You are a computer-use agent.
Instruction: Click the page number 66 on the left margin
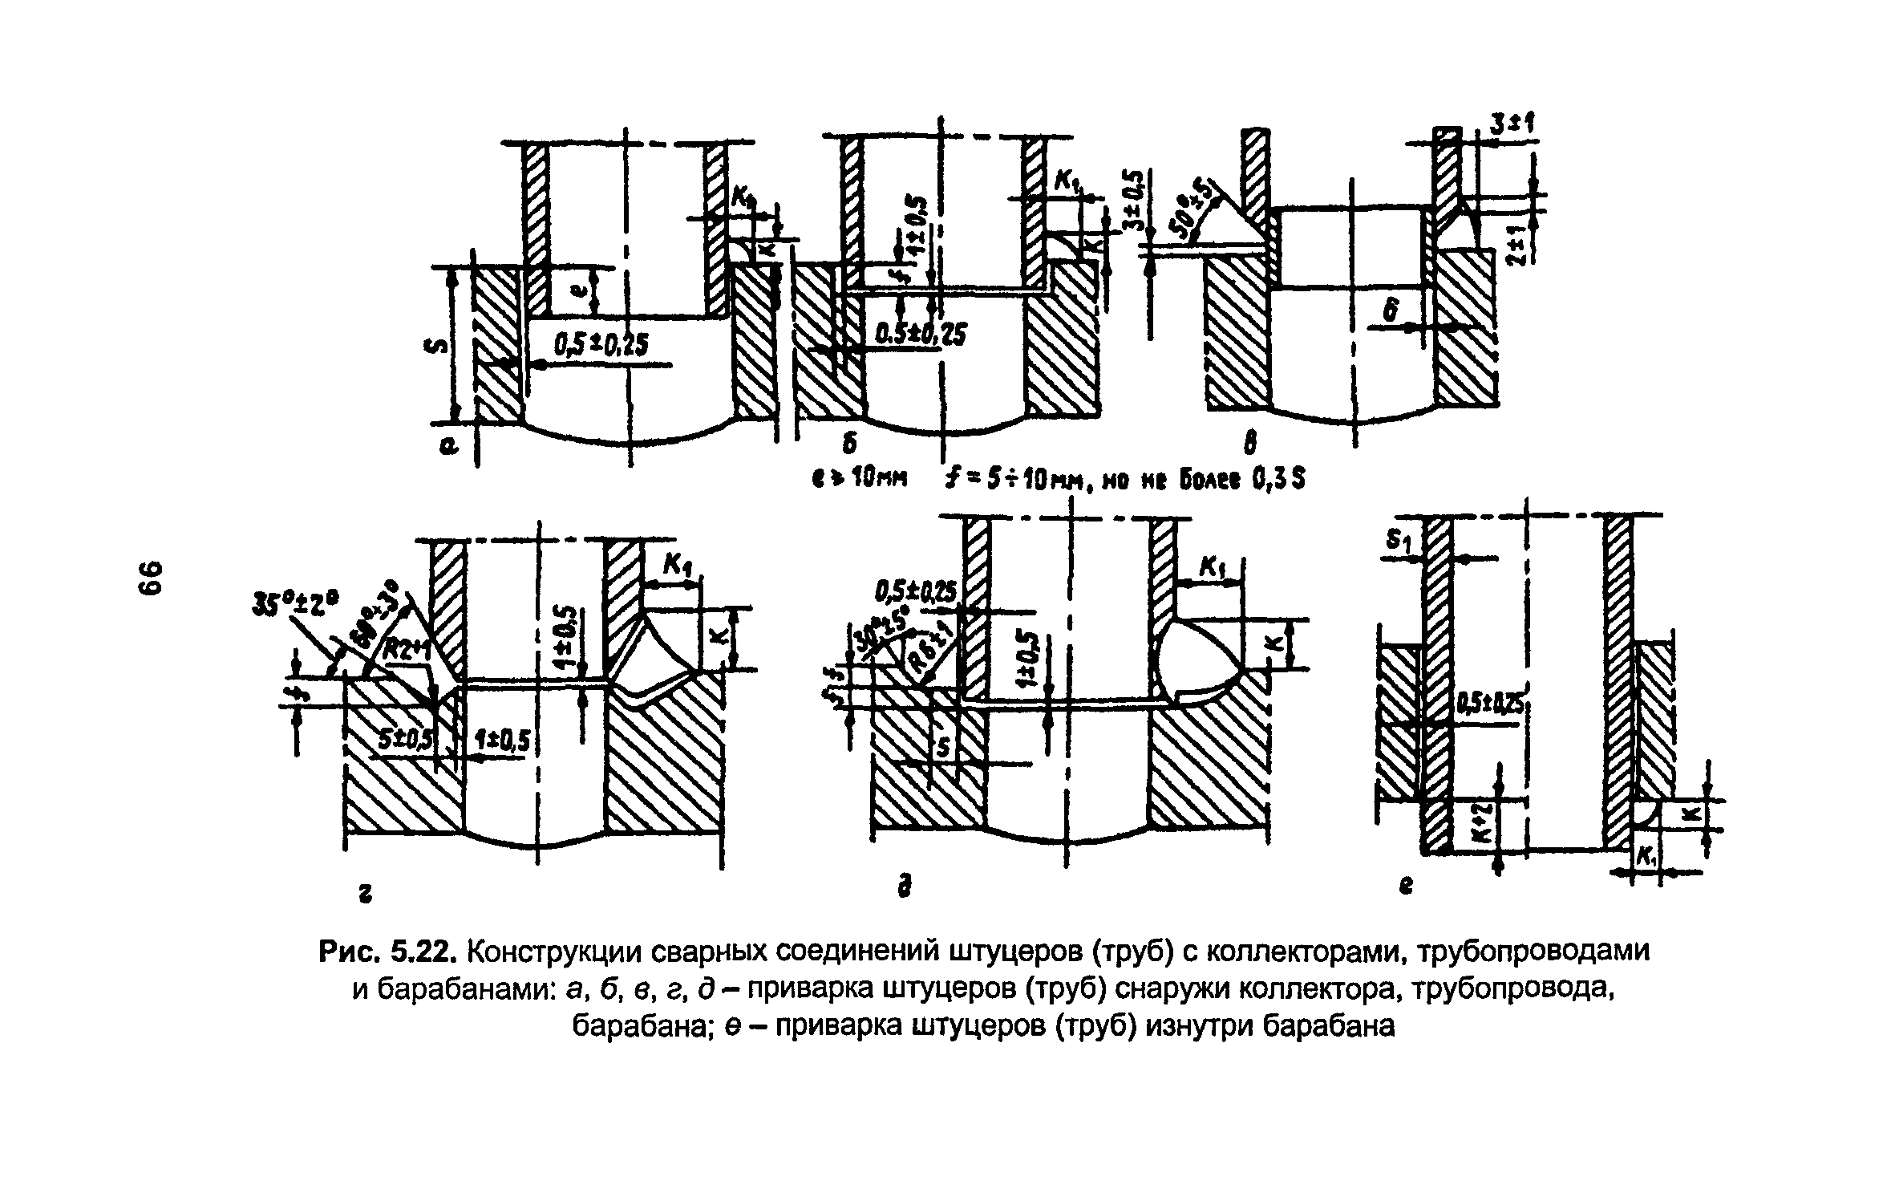pos(150,577)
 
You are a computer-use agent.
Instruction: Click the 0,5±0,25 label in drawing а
pos(601,344)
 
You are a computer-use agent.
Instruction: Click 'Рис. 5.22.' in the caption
pos(388,952)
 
